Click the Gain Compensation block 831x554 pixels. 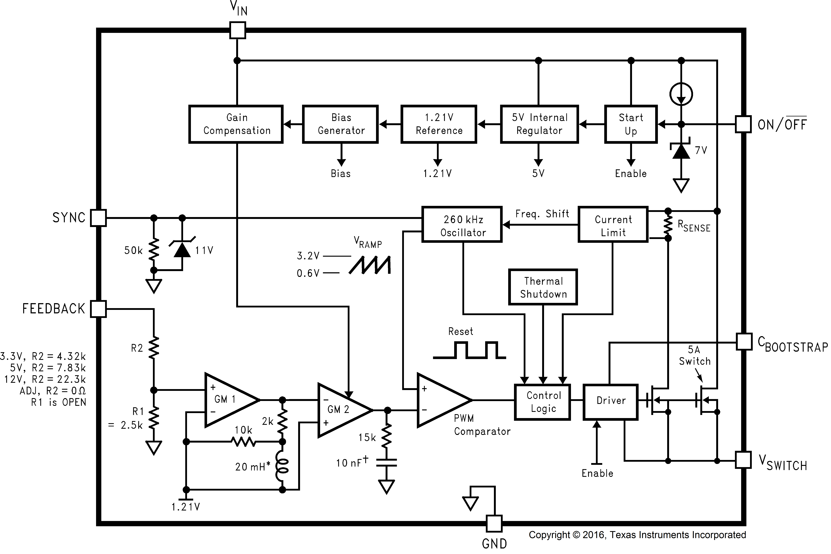236,124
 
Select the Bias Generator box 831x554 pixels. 341,124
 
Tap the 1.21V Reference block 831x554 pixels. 439,124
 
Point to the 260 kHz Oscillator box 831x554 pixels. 462,224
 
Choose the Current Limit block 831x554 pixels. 613,224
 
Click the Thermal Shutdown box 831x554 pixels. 543,287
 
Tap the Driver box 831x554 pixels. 611,402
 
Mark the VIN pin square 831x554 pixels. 237,30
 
